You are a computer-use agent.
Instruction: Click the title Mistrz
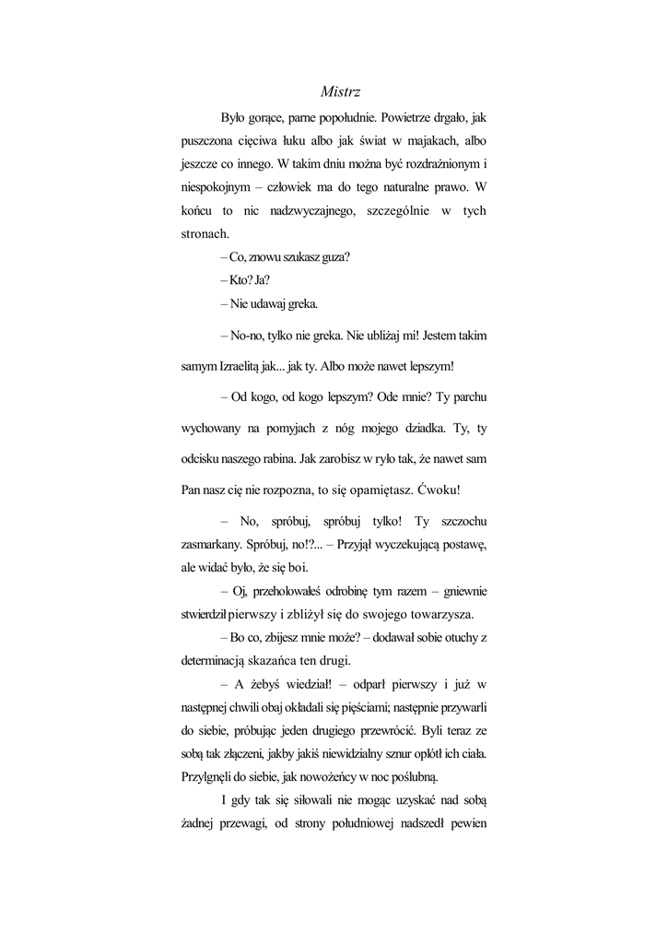[340, 91]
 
